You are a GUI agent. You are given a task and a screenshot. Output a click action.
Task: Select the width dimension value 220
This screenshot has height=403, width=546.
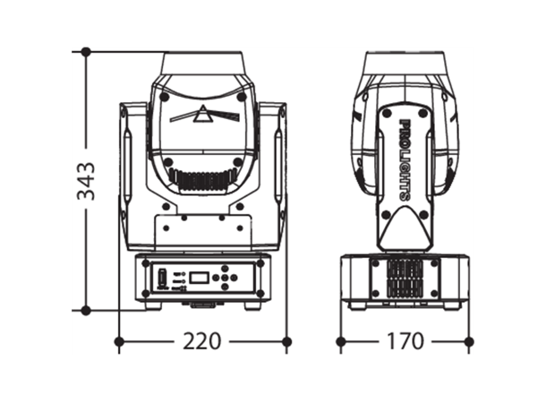(201, 341)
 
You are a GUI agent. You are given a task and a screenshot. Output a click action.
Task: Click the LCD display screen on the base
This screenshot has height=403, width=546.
(199, 279)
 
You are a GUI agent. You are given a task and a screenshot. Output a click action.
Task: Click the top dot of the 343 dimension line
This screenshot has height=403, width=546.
(87, 52)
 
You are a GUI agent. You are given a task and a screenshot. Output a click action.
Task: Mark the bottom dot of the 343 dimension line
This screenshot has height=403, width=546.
(87, 310)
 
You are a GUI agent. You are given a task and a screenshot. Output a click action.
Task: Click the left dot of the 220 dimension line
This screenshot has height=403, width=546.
(119, 341)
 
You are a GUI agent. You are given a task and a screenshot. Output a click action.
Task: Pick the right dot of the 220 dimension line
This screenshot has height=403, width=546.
(286, 341)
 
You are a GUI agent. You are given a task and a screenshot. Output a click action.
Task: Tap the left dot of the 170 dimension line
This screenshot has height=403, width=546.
(340, 341)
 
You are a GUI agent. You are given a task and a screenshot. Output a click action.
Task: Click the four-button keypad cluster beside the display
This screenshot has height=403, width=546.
(227, 279)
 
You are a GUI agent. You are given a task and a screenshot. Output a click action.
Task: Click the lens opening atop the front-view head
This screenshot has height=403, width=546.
(201, 64)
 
